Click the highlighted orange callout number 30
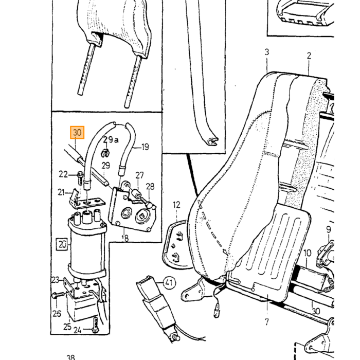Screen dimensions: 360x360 tap(77, 133)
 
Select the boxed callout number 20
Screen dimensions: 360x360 tap(62, 244)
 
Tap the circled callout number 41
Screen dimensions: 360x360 tap(170, 282)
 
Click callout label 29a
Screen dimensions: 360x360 tap(111, 140)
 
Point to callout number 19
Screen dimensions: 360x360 tap(145, 147)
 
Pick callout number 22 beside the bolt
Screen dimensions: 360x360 tap(63, 174)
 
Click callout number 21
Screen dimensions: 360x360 tap(61, 192)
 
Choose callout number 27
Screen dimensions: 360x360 tap(139, 175)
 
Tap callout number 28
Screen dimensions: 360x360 tap(150, 187)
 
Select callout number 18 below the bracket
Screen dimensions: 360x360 tap(124, 238)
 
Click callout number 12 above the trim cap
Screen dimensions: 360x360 tap(176, 205)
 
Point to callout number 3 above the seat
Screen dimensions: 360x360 tap(266, 52)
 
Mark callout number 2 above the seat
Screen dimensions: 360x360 tap(309, 56)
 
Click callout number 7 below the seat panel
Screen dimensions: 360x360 tap(266, 321)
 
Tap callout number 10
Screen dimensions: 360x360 tap(308, 253)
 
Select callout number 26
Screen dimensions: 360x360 tap(57, 313)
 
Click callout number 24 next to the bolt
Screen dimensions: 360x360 tap(77, 330)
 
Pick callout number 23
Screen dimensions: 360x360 tap(56, 280)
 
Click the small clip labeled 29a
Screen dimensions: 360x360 tap(105, 153)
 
